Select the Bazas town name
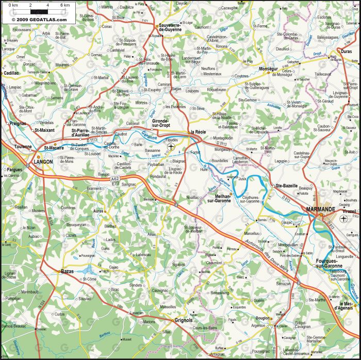pos(67,271)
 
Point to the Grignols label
pos(183,320)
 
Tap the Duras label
pos(346,52)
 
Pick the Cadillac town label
pos(11,73)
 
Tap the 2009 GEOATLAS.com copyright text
pos(39,20)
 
